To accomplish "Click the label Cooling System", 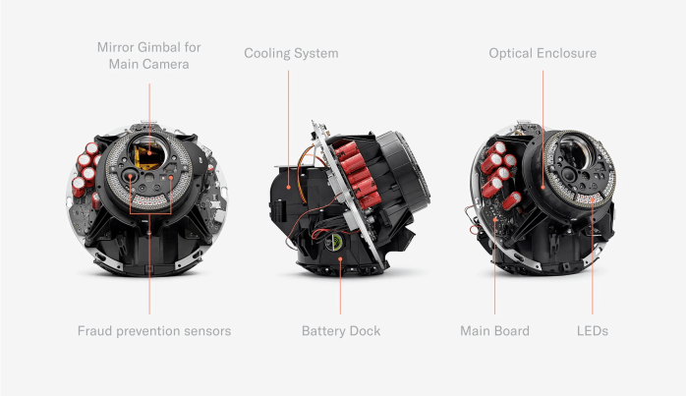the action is [x=291, y=53].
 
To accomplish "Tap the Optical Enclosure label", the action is [x=543, y=53].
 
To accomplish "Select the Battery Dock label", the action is [x=341, y=331].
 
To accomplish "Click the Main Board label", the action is [x=494, y=331].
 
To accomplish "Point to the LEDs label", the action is [x=593, y=331].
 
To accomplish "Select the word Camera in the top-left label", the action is [x=169, y=64].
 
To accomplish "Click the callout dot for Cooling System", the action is [x=289, y=187].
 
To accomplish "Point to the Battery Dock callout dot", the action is [x=340, y=259].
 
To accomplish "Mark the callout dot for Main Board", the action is [x=494, y=219].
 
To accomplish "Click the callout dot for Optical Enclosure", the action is [x=543, y=187].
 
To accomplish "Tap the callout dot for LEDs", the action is [x=593, y=199].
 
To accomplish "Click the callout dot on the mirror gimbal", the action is [x=149, y=152].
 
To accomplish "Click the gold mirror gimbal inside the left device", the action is [x=145, y=157].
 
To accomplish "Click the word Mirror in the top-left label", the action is [x=116, y=47].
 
